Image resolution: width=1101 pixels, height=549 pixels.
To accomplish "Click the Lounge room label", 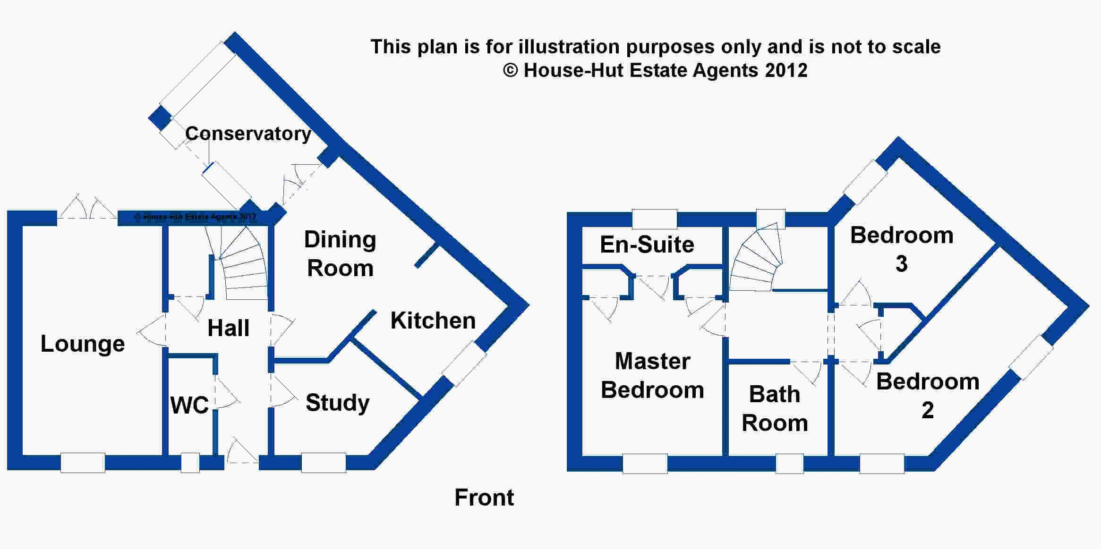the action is coord(83,344).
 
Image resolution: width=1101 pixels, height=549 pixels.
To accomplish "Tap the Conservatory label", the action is coord(248,134).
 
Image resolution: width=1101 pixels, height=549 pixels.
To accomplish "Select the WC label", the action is coord(189,405).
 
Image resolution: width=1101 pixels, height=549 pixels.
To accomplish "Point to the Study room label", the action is coord(337,403).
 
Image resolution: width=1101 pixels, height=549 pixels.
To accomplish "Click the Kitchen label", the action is coord(433,321).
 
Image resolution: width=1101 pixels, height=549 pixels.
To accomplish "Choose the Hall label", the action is coord(228,328).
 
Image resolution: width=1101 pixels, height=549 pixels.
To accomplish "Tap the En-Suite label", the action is coord(647,245).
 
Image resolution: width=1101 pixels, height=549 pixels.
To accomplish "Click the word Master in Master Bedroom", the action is coord(652,361).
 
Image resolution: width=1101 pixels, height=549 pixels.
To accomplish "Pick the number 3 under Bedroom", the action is coord(901,264).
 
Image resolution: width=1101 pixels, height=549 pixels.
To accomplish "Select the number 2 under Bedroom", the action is coord(928,410).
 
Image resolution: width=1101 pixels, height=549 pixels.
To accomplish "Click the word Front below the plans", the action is coord(484,498).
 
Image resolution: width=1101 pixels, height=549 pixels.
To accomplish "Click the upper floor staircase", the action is coord(756,257).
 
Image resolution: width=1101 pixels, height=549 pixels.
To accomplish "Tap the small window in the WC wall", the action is coord(190,463).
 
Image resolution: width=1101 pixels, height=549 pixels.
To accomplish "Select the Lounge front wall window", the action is coord(83,463).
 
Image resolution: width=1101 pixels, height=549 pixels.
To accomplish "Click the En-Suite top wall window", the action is coord(654,219).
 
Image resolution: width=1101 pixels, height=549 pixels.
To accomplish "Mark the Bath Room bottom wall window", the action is coord(789,464).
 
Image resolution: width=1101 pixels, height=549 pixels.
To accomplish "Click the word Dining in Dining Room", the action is coord(340,240).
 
